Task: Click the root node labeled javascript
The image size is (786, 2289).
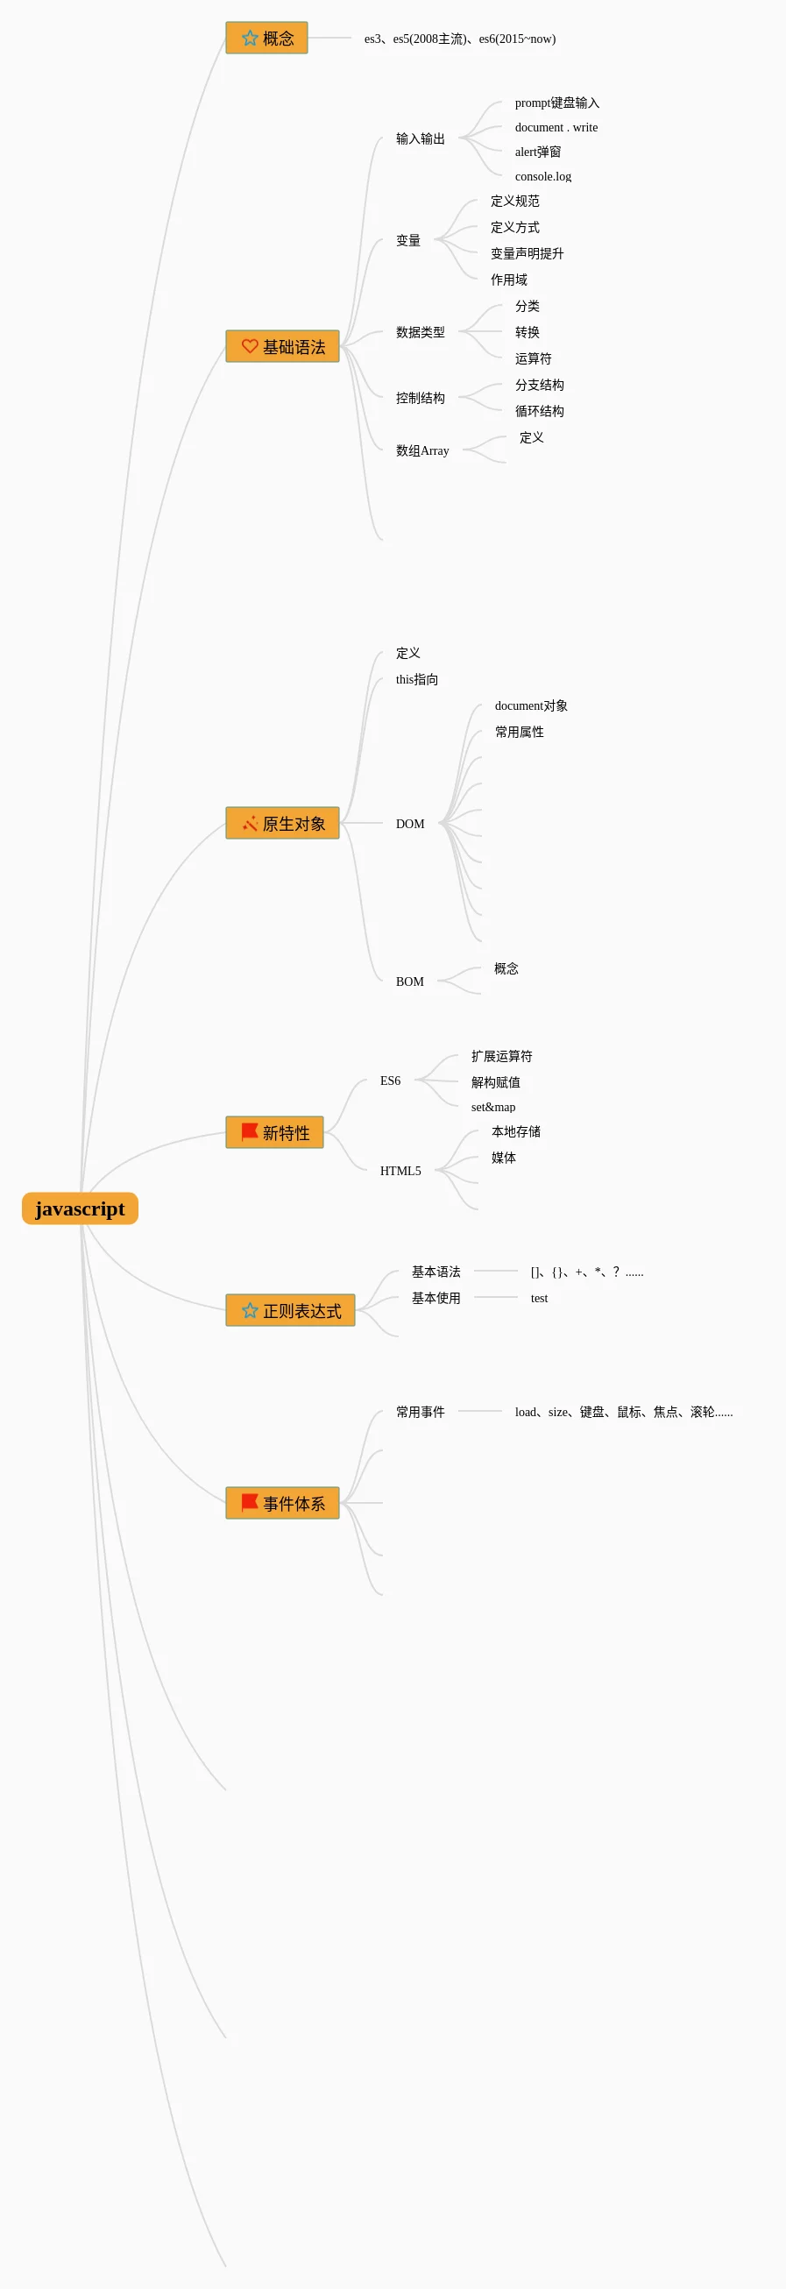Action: pyautogui.click(x=80, y=1208)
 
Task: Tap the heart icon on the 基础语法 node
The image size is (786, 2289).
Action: pyautogui.click(x=250, y=346)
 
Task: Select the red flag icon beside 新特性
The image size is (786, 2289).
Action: pyautogui.click(x=250, y=1132)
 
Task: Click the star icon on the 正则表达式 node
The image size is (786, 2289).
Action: pyautogui.click(x=250, y=1311)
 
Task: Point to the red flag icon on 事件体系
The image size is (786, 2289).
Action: pyautogui.click(x=250, y=1503)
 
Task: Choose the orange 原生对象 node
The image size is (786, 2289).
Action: pyautogui.click(x=282, y=824)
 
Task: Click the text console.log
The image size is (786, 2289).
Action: pyautogui.click(x=542, y=177)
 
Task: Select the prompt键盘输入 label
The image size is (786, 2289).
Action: pyautogui.click(x=557, y=103)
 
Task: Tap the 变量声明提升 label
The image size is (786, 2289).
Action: pyautogui.click(x=527, y=254)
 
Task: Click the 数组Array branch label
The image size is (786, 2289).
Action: pyautogui.click(x=421, y=451)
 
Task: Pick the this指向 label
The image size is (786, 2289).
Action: pyautogui.click(x=416, y=680)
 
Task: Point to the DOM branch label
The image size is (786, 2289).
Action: pyautogui.click(x=409, y=825)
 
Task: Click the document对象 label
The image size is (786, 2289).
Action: pyautogui.click(x=531, y=706)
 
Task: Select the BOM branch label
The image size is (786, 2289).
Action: pyautogui.click(x=409, y=982)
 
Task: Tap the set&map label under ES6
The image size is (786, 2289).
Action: pyautogui.click(x=493, y=1107)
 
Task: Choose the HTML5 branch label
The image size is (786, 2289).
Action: pyautogui.click(x=400, y=1171)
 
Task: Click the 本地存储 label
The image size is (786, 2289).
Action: pyautogui.click(x=516, y=1132)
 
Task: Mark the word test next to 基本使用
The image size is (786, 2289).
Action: pyautogui.click(x=539, y=1299)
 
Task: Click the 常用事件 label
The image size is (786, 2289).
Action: pyautogui.click(x=420, y=1413)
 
